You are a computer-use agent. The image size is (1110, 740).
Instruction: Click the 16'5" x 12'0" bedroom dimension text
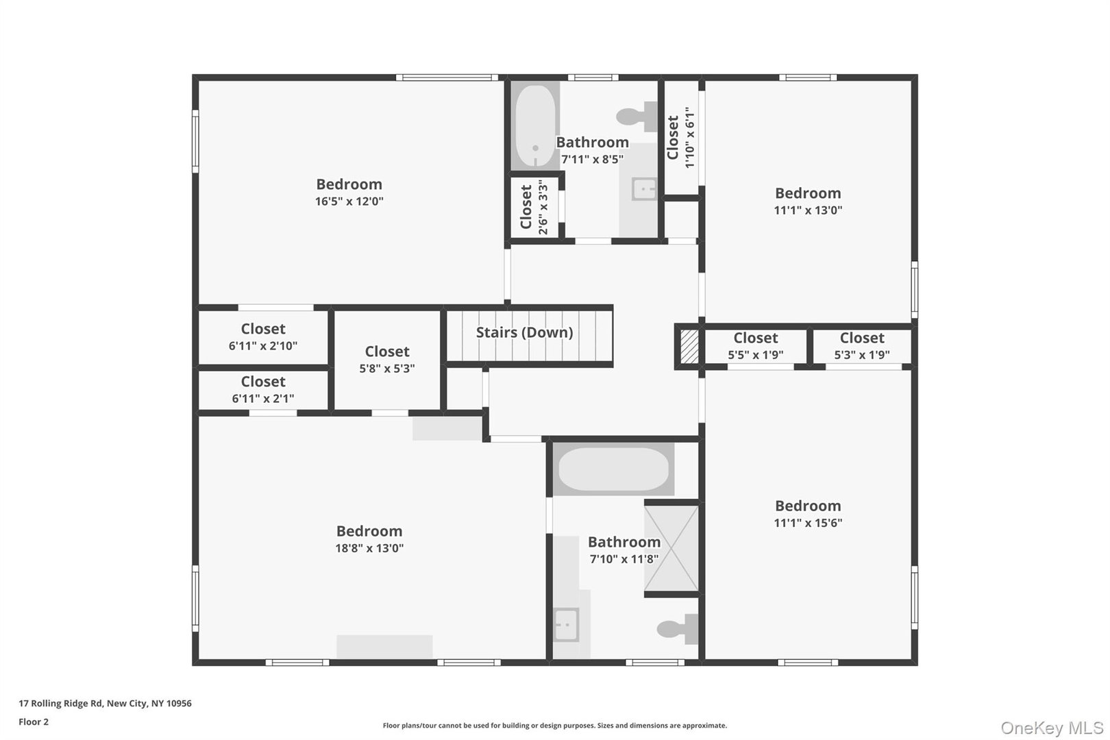pos(349,201)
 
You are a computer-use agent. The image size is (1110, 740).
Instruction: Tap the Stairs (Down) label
pos(524,332)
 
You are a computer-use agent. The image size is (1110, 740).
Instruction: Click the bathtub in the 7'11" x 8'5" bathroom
pos(536,126)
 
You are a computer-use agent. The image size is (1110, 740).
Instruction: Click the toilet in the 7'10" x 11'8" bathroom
pos(677,628)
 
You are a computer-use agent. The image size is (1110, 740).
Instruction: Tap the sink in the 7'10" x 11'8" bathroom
pos(566,624)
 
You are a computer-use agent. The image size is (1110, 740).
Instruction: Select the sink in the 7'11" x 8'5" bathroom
pos(644,188)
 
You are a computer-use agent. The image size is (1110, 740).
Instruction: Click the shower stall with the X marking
pos(671,548)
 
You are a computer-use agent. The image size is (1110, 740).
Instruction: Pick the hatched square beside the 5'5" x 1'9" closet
pos(689,347)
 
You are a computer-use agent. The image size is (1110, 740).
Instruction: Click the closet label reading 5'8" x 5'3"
pos(387,368)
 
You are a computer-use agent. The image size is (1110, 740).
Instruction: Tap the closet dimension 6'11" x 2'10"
pos(263,346)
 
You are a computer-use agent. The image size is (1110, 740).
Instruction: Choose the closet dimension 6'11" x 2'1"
pos(263,398)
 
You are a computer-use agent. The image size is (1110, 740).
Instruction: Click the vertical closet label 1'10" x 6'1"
pos(690,137)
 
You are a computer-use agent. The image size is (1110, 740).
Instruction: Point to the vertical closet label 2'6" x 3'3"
pos(543,207)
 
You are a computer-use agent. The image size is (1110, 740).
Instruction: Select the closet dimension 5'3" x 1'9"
pos(862,355)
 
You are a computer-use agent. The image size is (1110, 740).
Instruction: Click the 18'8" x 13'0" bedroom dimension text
pos(369,548)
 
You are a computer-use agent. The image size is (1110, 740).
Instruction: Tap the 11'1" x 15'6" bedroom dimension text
pos(808,523)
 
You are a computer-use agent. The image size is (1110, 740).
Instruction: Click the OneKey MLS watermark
pos(1052,728)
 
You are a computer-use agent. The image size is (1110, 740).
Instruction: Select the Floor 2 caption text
pos(34,721)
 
